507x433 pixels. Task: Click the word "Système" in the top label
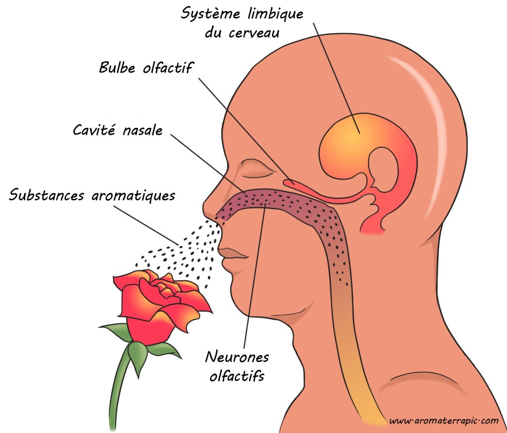pos(210,13)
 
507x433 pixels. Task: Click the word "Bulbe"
pos(117,67)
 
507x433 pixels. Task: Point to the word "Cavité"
pos(94,130)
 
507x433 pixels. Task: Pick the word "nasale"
pos(143,130)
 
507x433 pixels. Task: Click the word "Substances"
pos(46,195)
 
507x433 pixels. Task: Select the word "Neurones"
pos(237,357)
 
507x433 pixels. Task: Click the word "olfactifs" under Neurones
pos(237,375)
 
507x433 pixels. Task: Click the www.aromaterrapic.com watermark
pos(444,421)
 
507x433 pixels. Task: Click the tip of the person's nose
pos(204,208)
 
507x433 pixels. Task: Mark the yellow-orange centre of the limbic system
pos(351,138)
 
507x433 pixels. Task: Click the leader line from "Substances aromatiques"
pos(146,225)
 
